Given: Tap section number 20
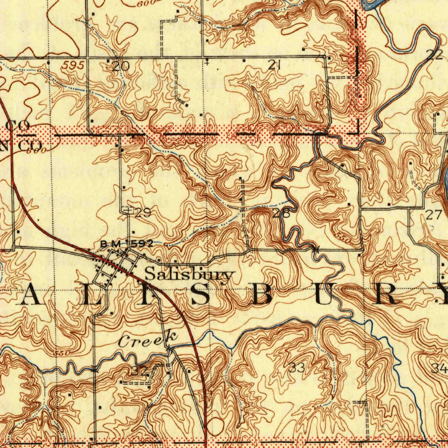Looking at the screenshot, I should pyautogui.click(x=121, y=66).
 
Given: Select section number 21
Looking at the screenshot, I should pyautogui.click(x=274, y=66).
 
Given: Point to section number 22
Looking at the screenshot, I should pyautogui.click(x=434, y=55).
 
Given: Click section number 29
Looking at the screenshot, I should pyautogui.click(x=143, y=213).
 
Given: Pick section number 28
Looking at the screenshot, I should pyautogui.click(x=281, y=213).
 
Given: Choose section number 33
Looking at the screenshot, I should pyautogui.click(x=297, y=368).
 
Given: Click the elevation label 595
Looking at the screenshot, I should pyautogui.click(x=72, y=65).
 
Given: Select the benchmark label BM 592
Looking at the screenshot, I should pyautogui.click(x=126, y=244).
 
